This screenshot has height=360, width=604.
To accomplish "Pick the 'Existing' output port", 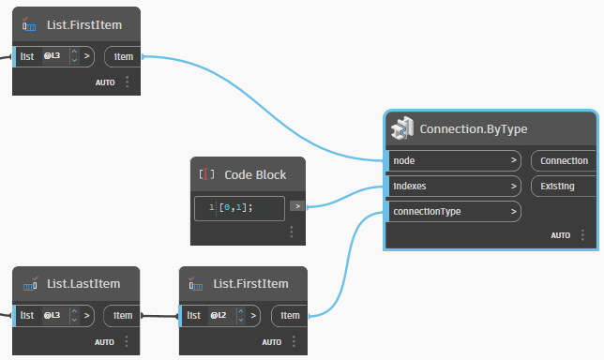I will tap(559, 187).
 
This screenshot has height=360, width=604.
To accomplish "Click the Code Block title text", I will tap(255, 174).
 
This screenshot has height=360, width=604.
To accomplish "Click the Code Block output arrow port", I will tap(296, 206).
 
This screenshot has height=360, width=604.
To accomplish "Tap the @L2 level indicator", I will tap(217, 316).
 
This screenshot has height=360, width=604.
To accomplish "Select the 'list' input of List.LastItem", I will tap(27, 316).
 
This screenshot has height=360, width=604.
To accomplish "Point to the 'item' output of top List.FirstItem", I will tap(124, 56).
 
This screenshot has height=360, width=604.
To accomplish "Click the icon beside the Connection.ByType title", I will tap(401, 128).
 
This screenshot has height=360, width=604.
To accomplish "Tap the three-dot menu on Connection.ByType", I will tap(584, 235).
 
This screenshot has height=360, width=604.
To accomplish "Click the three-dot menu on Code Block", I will tap(292, 232).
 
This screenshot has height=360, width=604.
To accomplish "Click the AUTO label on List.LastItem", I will tap(104, 341).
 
